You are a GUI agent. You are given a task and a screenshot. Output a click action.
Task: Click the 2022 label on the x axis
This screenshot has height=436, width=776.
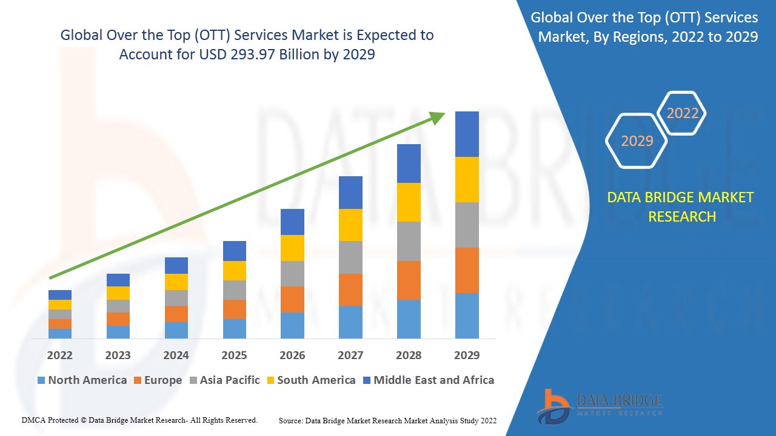point(59,355)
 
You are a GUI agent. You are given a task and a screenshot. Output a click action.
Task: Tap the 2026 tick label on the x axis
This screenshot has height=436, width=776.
point(292,355)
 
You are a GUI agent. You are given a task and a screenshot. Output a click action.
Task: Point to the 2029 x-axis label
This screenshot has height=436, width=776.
point(467,355)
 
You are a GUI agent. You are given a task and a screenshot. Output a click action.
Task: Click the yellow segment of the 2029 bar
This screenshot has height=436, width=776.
point(467,179)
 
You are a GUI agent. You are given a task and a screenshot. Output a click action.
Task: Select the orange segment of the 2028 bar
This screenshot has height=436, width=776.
point(409,280)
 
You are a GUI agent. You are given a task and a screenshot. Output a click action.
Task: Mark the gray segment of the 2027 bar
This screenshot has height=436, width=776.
point(350,257)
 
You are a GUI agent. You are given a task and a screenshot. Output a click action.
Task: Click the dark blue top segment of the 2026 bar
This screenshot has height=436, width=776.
point(292,222)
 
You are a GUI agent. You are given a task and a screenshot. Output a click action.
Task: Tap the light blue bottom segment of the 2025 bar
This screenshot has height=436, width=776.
point(235,328)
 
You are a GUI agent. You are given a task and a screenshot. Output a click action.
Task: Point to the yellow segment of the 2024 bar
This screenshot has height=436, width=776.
point(176,282)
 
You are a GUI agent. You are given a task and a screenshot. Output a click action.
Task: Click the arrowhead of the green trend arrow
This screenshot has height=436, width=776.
point(438,117)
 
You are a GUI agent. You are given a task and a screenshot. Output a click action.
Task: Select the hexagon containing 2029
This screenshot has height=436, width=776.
point(637,140)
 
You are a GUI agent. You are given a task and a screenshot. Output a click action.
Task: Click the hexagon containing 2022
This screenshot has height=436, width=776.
point(682,113)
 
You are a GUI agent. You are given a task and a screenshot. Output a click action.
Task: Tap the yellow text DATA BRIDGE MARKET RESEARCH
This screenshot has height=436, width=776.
point(680,207)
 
